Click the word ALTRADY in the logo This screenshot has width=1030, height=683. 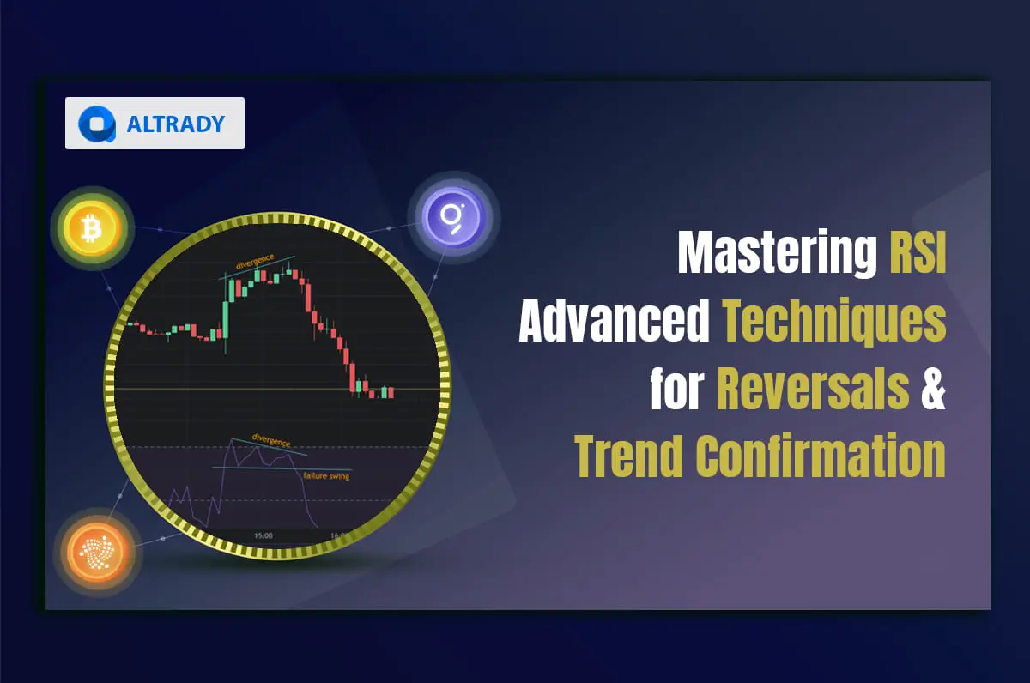(175, 124)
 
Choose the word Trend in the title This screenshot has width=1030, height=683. (628, 456)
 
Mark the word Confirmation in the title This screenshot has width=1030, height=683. (821, 456)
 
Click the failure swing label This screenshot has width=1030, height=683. (326, 475)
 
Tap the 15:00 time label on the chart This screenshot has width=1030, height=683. (263, 535)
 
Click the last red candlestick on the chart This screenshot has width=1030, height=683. (391, 392)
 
